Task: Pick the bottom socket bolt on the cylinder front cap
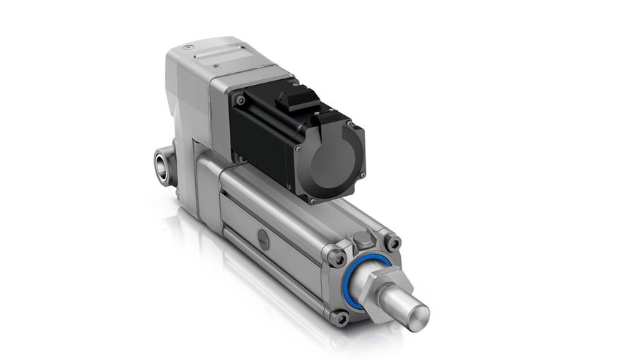tap(341, 318)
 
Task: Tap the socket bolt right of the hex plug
tap(392, 243)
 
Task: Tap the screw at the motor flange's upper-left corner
tap(240, 101)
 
